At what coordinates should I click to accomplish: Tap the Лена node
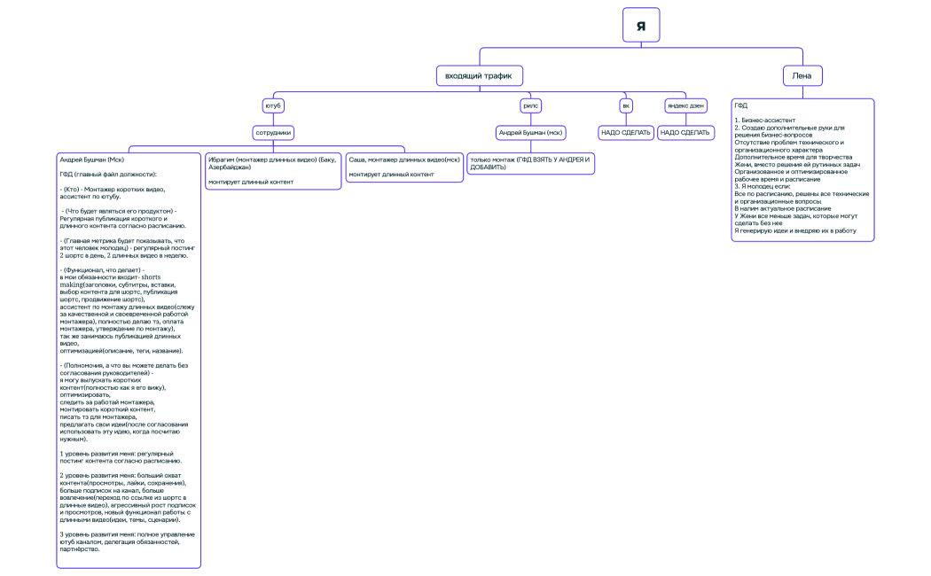802,76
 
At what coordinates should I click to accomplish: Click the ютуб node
273,105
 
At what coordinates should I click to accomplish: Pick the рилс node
530,105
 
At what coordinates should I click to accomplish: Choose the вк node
626,105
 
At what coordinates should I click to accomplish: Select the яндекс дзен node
685,105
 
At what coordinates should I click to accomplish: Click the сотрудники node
273,133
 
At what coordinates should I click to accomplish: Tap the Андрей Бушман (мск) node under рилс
530,133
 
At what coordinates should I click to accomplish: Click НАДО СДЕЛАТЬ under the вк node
626,133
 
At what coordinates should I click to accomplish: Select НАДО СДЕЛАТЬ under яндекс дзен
685,133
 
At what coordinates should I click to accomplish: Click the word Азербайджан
230,167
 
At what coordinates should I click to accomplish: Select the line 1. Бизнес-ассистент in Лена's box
764,119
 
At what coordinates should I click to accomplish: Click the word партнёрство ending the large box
80,549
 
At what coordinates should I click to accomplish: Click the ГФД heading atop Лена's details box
740,105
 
